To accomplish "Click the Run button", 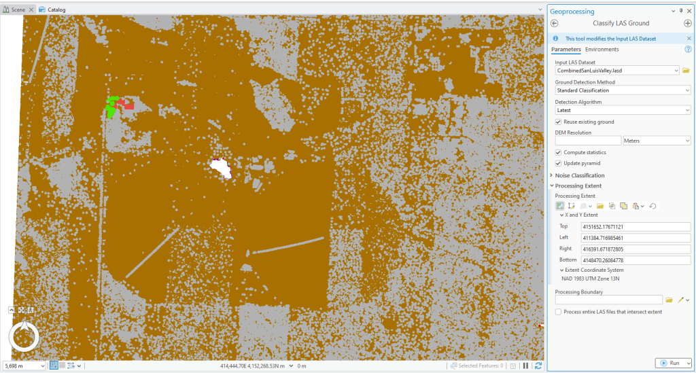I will coord(673,363).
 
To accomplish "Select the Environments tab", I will coord(602,50).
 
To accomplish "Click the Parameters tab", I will coord(565,50).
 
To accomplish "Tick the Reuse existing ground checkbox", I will coord(559,122).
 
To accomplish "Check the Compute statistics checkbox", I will coord(559,152).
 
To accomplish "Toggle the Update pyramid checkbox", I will coord(559,163).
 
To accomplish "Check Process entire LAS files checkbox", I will coord(559,312).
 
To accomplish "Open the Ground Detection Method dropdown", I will coord(623,90).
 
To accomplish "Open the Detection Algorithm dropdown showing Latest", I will coord(623,110).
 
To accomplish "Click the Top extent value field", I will coord(635,227).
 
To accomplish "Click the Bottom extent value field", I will coord(635,260).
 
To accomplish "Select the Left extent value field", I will coord(635,238).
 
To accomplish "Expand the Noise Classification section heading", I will coord(579,175).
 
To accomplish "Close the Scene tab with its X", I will coord(31,10).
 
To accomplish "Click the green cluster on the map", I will coord(111,107).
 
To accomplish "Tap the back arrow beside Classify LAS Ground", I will coord(555,24).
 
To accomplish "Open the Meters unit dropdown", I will coord(657,141).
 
